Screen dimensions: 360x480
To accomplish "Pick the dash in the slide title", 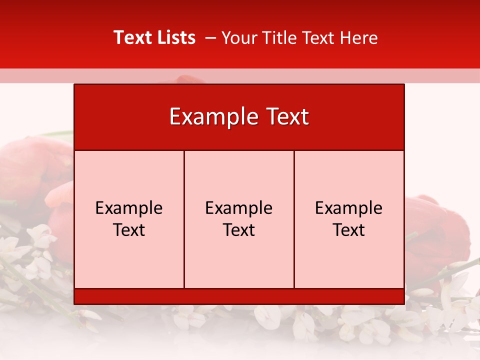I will (210, 38).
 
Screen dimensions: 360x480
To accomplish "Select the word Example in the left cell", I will (129, 208).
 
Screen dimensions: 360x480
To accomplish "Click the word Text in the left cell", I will (129, 230).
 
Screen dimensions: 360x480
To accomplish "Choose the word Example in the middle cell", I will (239, 208).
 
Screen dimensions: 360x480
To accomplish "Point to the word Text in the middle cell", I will (239, 230).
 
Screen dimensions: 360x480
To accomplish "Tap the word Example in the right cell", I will (348, 208).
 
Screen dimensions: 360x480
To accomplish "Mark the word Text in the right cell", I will (348, 230).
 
